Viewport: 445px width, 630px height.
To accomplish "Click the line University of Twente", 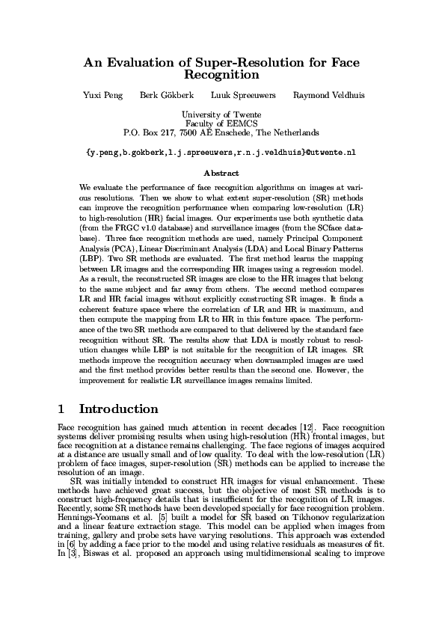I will pos(221,114).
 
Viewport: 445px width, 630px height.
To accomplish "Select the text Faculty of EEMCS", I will pos(221,123).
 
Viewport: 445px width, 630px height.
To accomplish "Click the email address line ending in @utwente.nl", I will pos(221,152).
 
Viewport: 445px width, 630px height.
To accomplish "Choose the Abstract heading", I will pos(221,173).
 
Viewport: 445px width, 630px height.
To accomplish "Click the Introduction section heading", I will pos(119,409).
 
